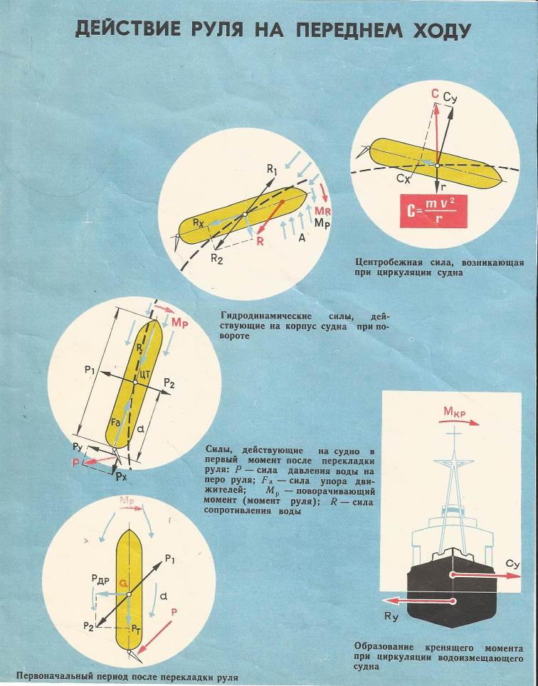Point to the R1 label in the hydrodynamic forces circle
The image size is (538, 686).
pos(272,170)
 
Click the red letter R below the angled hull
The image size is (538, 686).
pos(260,242)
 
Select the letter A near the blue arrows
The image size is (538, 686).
pos(302,239)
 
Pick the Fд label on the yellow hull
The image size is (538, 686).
pos(116,422)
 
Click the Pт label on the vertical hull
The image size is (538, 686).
pos(135,628)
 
